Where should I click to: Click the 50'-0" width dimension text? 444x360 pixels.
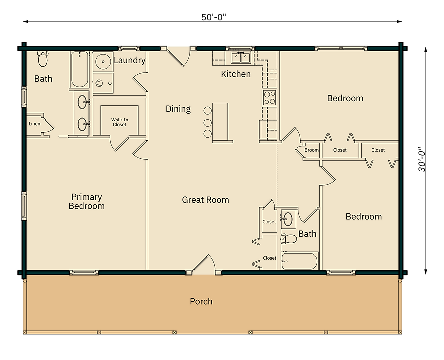[214, 17]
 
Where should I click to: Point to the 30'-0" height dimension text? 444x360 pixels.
[422, 159]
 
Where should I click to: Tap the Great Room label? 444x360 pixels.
[205, 200]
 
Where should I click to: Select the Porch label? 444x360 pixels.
[201, 301]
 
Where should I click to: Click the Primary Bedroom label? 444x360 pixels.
[86, 201]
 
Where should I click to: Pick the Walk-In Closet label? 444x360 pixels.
[119, 122]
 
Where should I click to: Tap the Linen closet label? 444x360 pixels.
[34, 124]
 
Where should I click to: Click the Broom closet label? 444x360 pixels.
[311, 150]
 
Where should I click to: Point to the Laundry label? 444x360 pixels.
[130, 60]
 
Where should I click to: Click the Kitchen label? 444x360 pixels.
[236, 74]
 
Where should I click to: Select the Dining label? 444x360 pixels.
[178, 109]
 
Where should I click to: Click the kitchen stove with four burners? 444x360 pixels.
[269, 97]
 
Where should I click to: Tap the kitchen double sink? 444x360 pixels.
[241, 58]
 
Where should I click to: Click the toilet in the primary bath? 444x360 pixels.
[43, 59]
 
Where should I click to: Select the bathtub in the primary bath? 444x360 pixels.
[79, 69]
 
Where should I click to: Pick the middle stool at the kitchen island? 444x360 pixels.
[208, 122]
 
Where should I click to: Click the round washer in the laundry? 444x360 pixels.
[103, 61]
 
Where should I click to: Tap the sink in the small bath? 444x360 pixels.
[288, 219]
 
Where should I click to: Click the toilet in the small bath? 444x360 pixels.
[289, 239]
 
